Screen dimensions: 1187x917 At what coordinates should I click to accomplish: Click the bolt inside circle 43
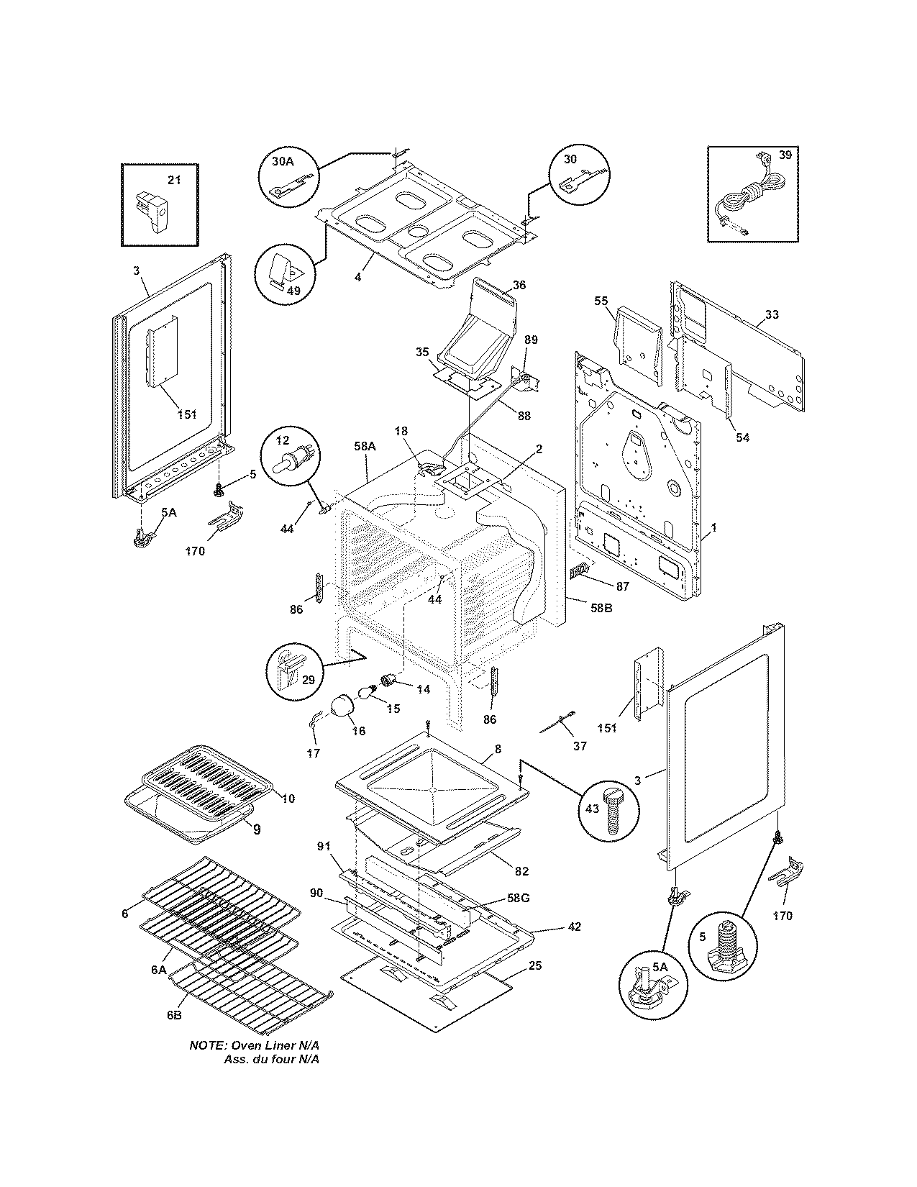(x=611, y=812)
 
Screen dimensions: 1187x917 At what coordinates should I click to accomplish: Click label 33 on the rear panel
(x=771, y=314)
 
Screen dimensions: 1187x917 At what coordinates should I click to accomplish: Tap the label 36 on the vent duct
(x=519, y=285)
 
